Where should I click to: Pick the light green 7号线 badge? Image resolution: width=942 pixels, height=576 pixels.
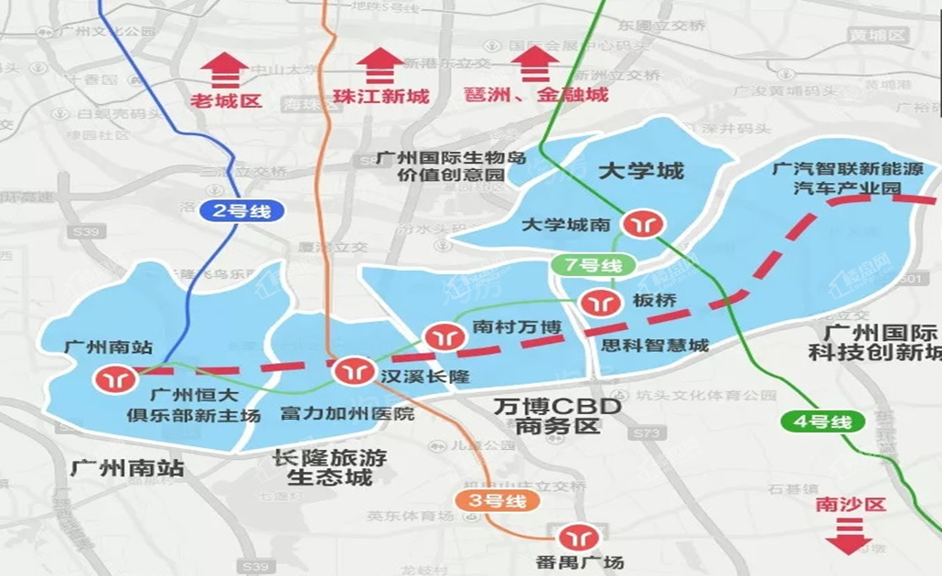pyautogui.click(x=593, y=266)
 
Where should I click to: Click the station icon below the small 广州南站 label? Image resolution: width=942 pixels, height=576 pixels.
pyautogui.click(x=116, y=377)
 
